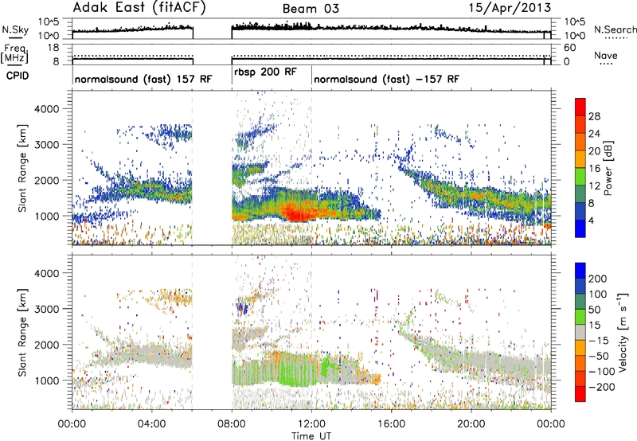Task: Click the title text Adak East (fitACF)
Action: [139, 7]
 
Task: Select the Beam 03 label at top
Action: [311, 9]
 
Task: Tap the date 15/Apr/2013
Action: [510, 8]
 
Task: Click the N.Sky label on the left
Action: [15, 29]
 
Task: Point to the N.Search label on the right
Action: [615, 29]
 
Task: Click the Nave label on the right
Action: [606, 55]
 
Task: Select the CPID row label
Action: [18, 76]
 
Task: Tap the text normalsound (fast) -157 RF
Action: [386, 79]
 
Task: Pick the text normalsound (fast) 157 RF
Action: [143, 79]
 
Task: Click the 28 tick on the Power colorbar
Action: [594, 116]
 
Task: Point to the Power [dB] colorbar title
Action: [608, 168]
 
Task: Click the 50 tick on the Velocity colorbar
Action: [594, 310]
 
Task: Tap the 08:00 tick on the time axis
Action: [232, 424]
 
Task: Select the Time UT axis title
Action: [311, 436]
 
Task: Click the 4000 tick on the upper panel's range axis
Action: [47, 109]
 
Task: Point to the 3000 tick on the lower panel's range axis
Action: [47, 309]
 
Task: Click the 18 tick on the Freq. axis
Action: [53, 48]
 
